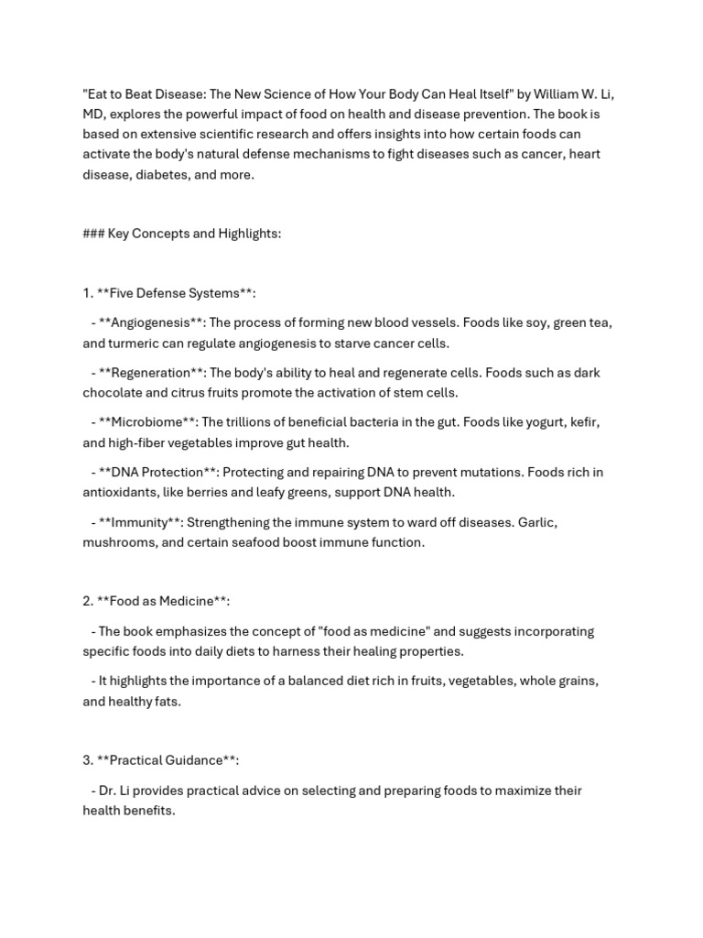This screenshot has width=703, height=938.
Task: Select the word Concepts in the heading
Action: click(161, 234)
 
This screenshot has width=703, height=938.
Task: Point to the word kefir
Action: click(582, 422)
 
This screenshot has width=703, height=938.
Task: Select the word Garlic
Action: click(537, 522)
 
